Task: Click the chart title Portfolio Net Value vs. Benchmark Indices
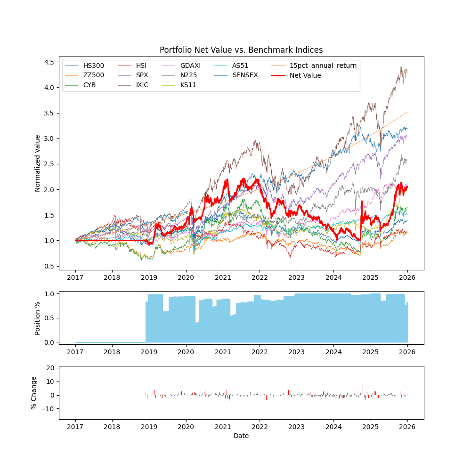241,50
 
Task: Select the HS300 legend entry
94,65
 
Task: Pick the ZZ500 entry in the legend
94,75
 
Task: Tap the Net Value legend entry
305,75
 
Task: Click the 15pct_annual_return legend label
323,65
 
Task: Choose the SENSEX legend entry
245,75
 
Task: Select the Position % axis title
38,318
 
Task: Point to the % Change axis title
34,392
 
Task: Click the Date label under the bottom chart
241,436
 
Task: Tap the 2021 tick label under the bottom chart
223,427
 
